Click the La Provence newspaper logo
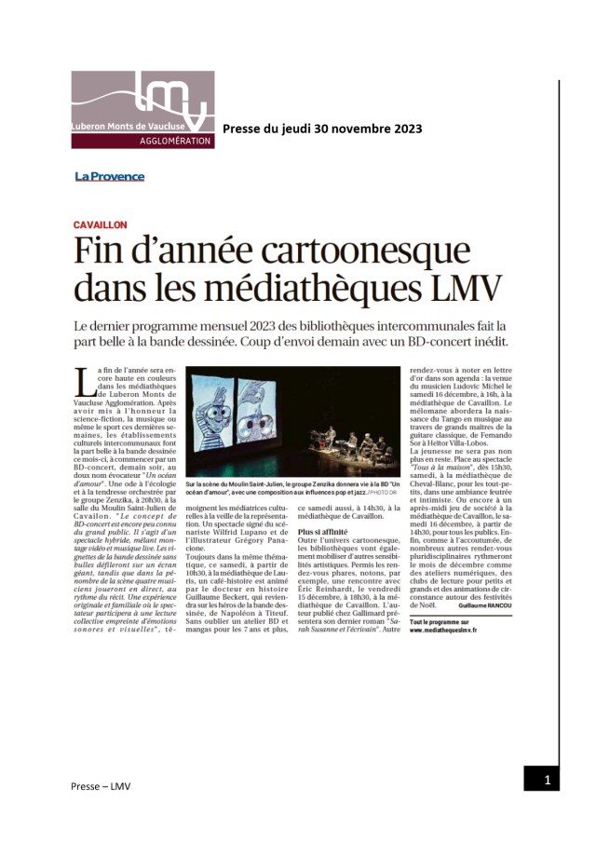[x=110, y=176]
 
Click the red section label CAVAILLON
[x=100, y=225]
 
